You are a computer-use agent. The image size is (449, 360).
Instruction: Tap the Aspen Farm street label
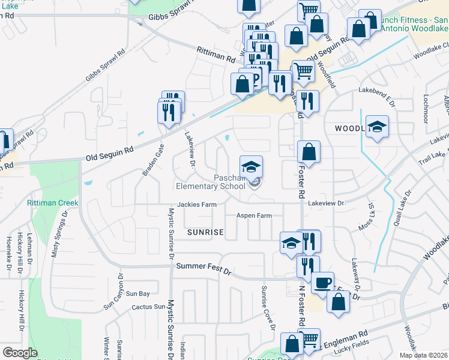click(x=254, y=215)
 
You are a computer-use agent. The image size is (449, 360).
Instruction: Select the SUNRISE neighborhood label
click(x=205, y=232)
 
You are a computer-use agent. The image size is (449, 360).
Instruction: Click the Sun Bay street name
click(x=137, y=293)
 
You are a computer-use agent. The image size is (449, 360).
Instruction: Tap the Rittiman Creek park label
click(x=52, y=203)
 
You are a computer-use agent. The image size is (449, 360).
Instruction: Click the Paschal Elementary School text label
click(x=228, y=182)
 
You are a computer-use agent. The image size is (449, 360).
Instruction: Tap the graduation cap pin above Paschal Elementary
click(x=252, y=165)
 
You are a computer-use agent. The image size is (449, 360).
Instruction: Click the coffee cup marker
click(x=322, y=283)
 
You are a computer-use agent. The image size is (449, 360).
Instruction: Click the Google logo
click(x=20, y=352)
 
